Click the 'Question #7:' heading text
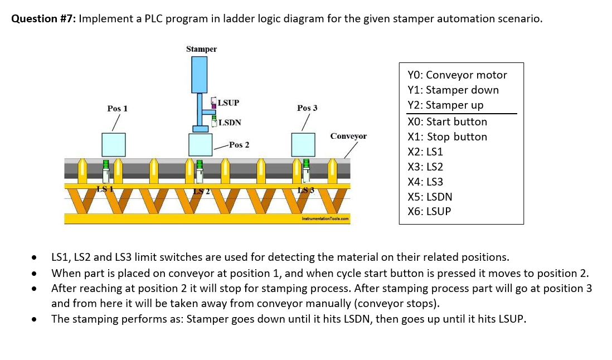coord(44,18)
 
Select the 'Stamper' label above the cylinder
coord(201,49)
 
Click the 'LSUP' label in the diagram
coord(228,103)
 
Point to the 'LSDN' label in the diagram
coord(230,122)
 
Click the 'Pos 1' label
coord(117,108)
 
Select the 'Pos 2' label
coord(239,145)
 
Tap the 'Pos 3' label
coord(307,108)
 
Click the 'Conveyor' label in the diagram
coord(348,136)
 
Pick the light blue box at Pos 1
coord(113,145)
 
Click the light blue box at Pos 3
coord(304,145)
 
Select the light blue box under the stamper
coord(200,145)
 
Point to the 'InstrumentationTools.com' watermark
coord(325,219)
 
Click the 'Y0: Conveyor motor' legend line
coord(457,75)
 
